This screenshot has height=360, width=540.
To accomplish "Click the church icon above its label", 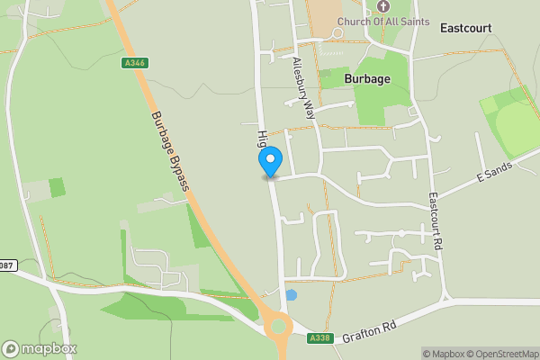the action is pyautogui.click(x=383, y=6).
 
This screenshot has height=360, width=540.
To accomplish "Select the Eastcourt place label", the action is pyautogui.click(x=465, y=28).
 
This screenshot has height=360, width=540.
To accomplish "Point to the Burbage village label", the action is pyautogui.click(x=368, y=78).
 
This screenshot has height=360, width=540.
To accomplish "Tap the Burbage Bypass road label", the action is pyautogui.click(x=170, y=151).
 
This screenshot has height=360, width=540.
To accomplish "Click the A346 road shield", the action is pyautogui.click(x=133, y=63).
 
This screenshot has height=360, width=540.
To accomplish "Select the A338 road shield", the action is pyautogui.click(x=320, y=338).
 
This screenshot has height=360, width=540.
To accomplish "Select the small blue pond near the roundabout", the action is pyautogui.click(x=291, y=295).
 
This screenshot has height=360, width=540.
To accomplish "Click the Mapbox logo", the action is pyautogui.click(x=39, y=348).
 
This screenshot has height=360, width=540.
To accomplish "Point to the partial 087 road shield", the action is pyautogui.click(x=6, y=265).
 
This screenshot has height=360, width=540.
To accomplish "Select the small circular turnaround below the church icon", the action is pyautogui.click(x=337, y=33).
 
